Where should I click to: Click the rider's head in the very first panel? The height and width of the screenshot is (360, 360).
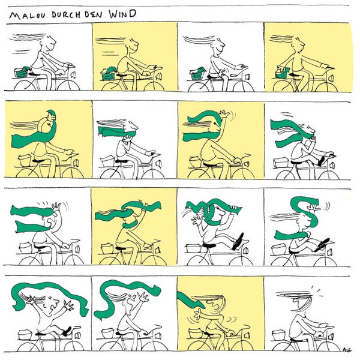[50, 43]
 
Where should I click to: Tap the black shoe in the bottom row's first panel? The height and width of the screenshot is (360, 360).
[66, 330]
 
